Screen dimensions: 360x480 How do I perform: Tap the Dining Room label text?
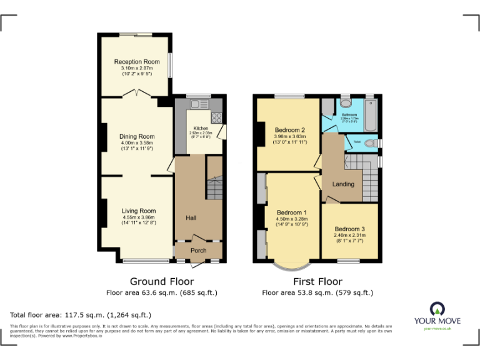click(137, 136)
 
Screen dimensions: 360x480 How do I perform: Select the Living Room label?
click(138, 211)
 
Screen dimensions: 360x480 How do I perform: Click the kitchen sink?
click(199, 104)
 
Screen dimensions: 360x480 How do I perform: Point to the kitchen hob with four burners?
click(217, 117)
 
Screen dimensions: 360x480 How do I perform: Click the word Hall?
click(191, 217)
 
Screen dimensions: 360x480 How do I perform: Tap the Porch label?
click(198, 251)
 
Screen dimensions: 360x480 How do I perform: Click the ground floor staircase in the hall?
click(214, 186)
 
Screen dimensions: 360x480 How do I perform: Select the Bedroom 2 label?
click(289, 130)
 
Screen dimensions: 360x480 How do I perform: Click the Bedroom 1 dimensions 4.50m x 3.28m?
click(292, 219)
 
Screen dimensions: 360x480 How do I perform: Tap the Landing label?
click(343, 184)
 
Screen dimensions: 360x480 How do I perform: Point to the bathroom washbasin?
click(345, 104)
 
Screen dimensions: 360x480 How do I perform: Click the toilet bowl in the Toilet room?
click(371, 144)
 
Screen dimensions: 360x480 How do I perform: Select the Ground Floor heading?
click(161, 281)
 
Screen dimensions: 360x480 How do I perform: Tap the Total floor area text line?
click(81, 315)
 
